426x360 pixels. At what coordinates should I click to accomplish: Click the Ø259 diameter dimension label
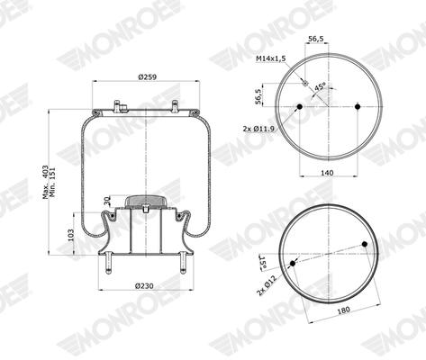(x=147, y=77)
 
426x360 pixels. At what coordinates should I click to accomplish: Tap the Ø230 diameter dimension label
(x=144, y=286)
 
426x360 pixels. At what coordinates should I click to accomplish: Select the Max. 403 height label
(x=46, y=182)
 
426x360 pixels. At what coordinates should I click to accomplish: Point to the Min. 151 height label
(x=53, y=182)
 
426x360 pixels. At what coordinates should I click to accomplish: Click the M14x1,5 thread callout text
(x=270, y=58)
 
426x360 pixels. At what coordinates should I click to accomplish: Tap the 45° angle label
(x=320, y=86)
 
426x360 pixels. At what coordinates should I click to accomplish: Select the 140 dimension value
(x=327, y=173)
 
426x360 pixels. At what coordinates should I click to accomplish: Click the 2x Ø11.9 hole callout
(x=258, y=129)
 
